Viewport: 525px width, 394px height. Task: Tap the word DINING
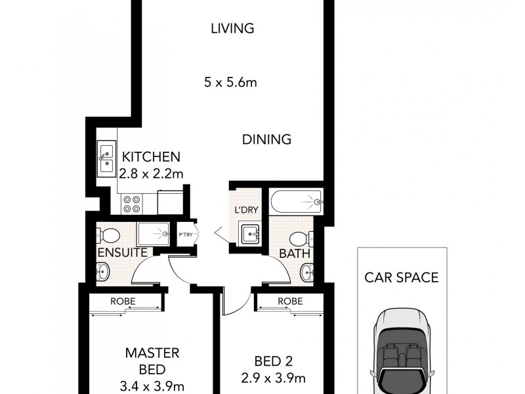click(266, 139)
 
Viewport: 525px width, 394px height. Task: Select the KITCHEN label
click(151, 158)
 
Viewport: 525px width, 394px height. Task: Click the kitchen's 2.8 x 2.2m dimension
click(151, 173)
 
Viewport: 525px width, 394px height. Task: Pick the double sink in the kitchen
click(106, 158)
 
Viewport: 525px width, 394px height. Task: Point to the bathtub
click(295, 202)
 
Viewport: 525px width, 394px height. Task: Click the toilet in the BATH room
click(299, 238)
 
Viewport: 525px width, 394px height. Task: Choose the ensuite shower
click(154, 234)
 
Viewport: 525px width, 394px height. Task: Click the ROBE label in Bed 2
click(289, 301)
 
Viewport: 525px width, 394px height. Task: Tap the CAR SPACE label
click(401, 277)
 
